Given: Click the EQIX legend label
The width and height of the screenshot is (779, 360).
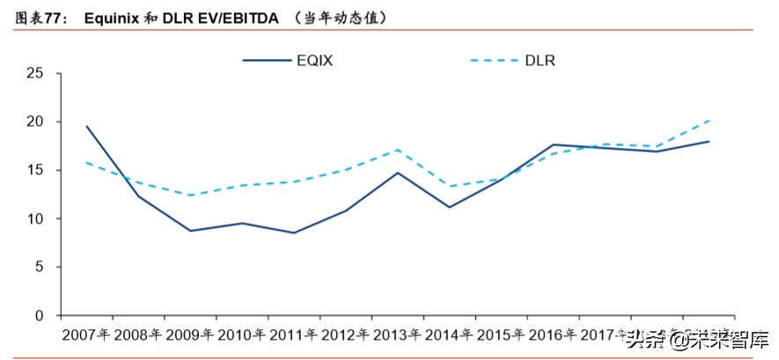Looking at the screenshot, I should coord(315,60).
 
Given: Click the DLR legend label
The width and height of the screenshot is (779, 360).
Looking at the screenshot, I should coord(540,60).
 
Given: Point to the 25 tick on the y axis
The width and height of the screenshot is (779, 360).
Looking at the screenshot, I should coord(35,73).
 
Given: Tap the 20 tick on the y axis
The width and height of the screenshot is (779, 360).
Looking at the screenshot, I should coord(35,121).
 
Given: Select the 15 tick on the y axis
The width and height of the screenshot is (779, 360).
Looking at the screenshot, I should coord(35,170).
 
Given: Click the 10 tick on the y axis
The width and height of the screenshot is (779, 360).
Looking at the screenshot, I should coord(35,218).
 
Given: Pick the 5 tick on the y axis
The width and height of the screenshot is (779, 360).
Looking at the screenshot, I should coord(40,267).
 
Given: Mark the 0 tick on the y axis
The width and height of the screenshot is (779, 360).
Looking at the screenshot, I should coord(40,315).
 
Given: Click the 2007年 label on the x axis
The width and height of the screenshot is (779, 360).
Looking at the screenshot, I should coord(85,335).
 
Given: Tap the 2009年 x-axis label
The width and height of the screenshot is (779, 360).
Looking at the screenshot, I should coord(189,335).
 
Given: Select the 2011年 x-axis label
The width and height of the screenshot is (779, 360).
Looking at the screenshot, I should coord(293,335).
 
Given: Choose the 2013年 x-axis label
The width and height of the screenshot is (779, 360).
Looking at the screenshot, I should coord(397,335).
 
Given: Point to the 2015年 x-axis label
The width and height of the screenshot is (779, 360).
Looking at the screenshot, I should coord(501,335).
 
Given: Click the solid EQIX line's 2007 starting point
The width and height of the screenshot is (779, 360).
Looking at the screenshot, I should coord(86,126).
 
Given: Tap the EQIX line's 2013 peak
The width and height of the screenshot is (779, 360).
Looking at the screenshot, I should coord(398,173).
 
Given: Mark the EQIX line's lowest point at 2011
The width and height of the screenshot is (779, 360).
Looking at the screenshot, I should coord(294,232).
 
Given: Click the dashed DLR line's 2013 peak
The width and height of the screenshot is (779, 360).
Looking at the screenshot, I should coord(398,150).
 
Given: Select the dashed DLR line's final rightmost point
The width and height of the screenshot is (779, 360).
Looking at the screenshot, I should coord(709,120).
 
